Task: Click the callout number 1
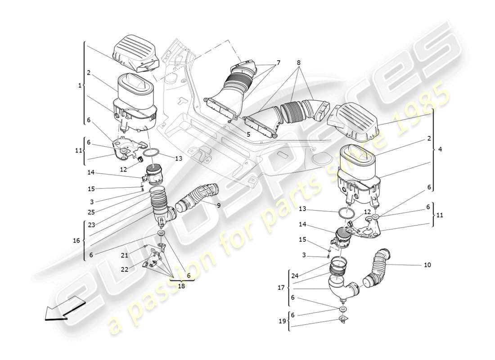[x=80, y=85]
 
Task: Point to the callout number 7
[x=278, y=63]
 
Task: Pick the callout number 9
[x=219, y=205]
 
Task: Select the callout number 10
[x=427, y=265]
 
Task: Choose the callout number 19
[x=282, y=321]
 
